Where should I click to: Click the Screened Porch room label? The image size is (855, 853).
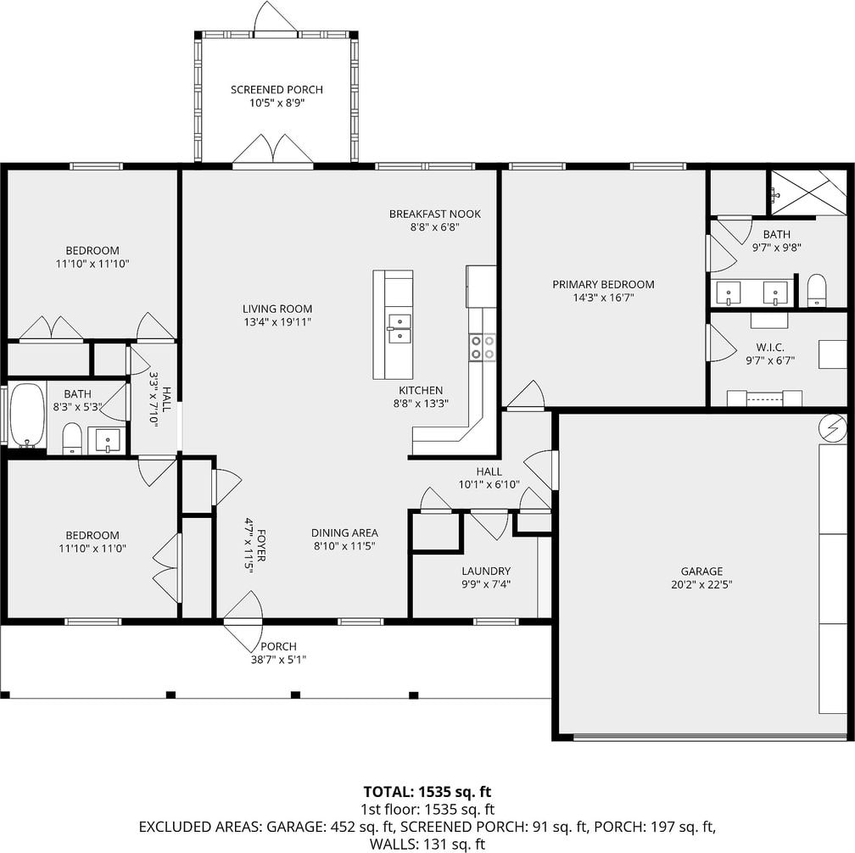point(277,89)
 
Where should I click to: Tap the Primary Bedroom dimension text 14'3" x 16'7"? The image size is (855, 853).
point(603,298)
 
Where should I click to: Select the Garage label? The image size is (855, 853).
point(701,571)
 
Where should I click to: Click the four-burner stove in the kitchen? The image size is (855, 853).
point(483,347)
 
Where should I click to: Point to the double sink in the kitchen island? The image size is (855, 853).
point(399,329)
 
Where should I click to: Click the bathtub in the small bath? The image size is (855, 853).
point(27,415)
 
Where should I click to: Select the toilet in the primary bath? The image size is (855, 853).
point(816,290)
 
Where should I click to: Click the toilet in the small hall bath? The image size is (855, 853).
point(72,438)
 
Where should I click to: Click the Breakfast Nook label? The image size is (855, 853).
point(434,214)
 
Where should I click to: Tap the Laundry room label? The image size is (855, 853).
point(486,571)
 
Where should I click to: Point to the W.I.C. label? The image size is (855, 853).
point(770,347)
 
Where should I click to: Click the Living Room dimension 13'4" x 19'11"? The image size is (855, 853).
point(277,321)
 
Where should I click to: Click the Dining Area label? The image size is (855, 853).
point(344,532)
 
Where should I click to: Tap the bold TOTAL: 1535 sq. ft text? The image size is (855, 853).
point(427,791)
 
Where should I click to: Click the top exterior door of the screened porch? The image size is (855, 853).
point(276,18)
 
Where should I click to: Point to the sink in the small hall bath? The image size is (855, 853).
point(108,440)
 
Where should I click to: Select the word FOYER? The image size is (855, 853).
point(262,545)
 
